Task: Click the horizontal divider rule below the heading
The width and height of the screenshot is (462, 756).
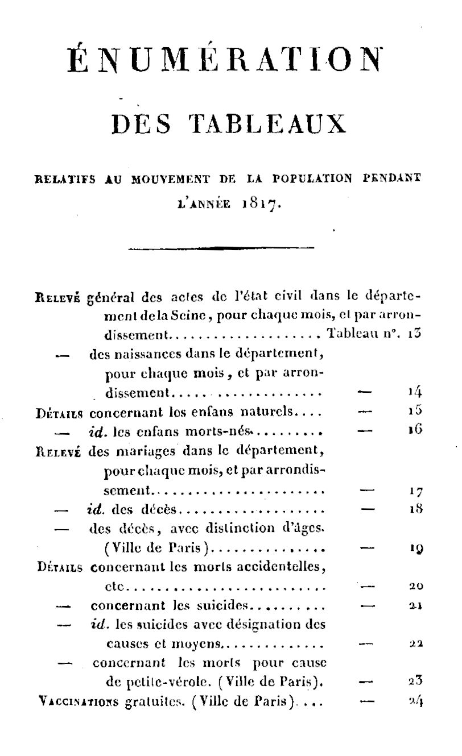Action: click(221, 247)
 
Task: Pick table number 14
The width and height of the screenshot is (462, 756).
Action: click(414, 391)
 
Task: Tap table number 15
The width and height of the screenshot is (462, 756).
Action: click(414, 410)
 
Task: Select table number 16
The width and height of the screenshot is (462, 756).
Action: click(414, 430)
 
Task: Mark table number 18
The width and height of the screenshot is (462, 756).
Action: click(415, 509)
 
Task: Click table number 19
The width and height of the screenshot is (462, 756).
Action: click(415, 549)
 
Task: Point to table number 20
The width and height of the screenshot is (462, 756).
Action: click(416, 585)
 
